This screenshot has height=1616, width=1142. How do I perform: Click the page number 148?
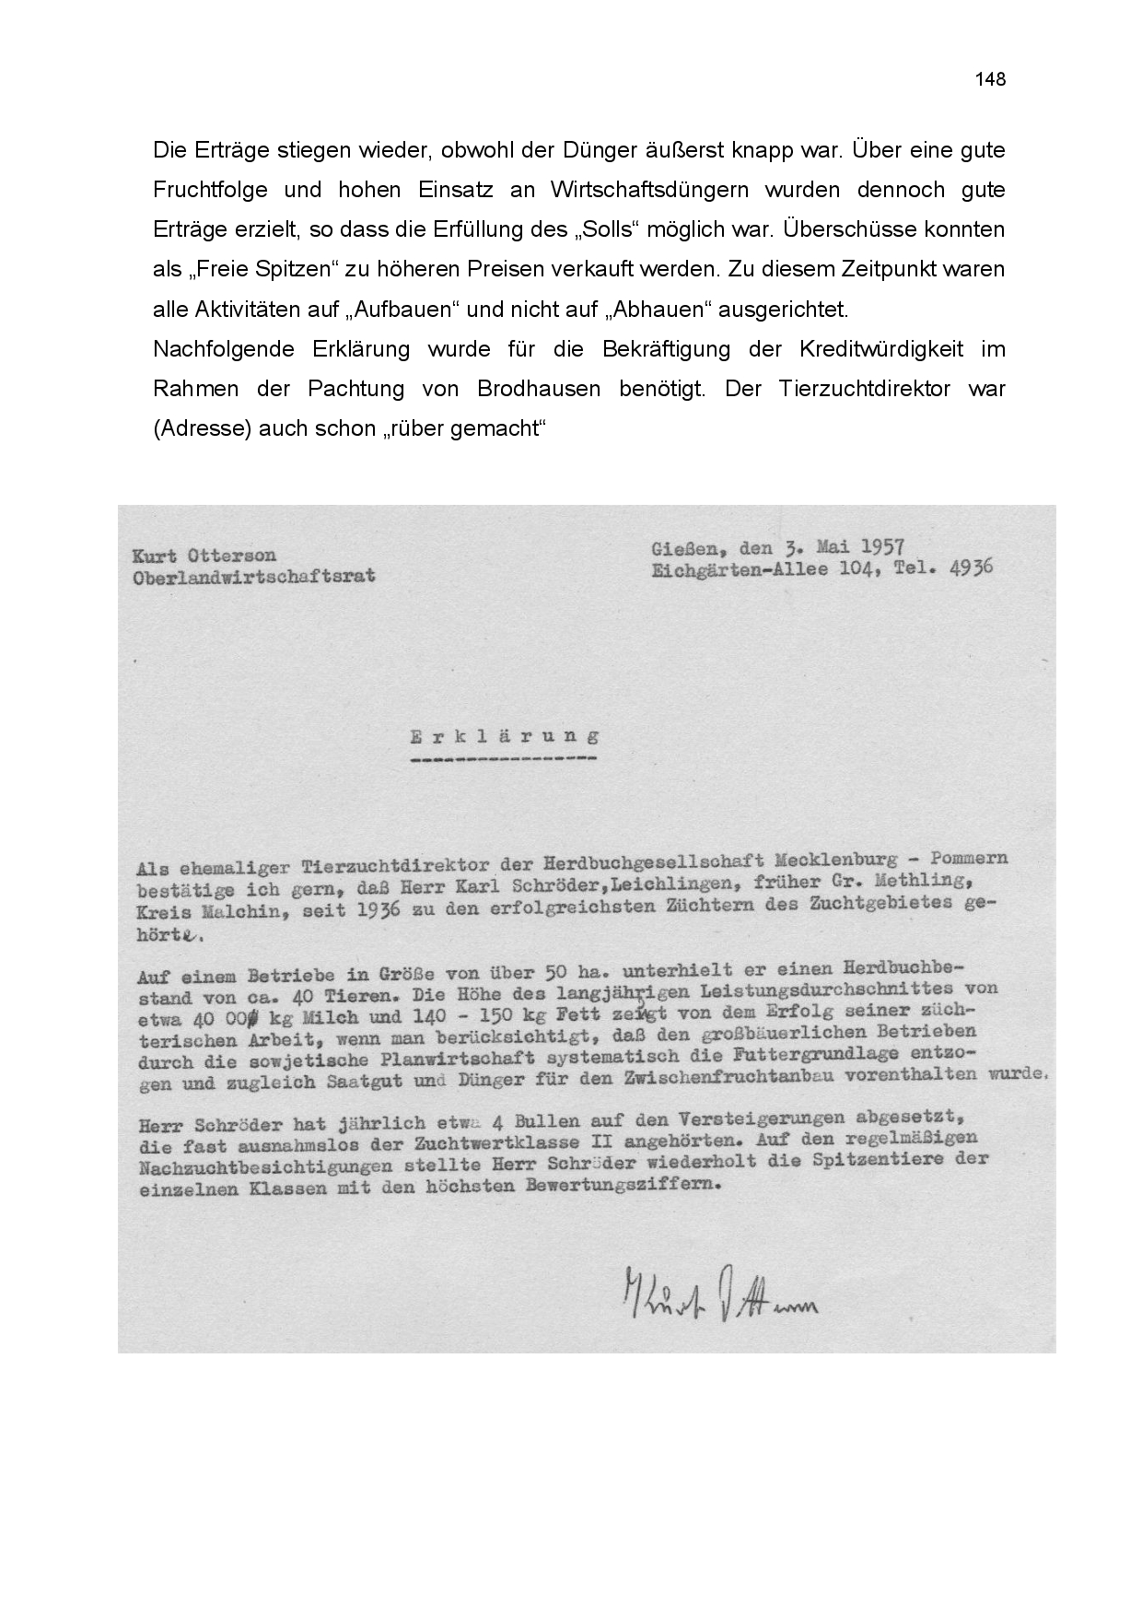pos(990,79)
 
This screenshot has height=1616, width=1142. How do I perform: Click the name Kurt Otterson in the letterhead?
pos(204,556)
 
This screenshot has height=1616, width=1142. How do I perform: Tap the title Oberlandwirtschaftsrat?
pos(254,578)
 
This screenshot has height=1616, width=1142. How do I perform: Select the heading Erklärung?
pos(504,737)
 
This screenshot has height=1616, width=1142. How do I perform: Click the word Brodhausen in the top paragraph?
pos(534,389)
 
